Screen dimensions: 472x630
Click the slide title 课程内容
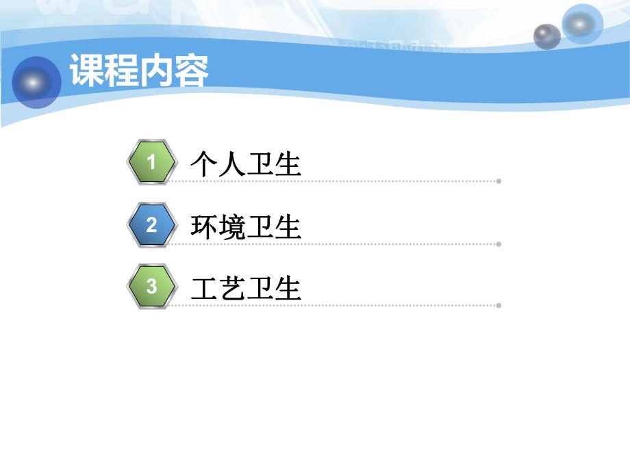click(x=139, y=70)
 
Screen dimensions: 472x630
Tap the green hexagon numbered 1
click(x=151, y=163)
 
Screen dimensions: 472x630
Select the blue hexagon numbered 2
click(x=151, y=225)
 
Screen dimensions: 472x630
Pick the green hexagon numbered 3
click(x=151, y=287)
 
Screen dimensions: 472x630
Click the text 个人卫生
click(x=246, y=165)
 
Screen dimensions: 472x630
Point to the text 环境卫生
click(x=246, y=227)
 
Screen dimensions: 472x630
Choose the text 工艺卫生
click(x=246, y=289)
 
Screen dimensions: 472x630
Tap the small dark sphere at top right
click(x=546, y=36)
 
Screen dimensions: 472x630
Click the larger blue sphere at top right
click(x=582, y=25)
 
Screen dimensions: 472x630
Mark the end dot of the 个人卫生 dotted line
click(x=499, y=181)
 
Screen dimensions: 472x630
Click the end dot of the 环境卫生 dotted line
click(x=499, y=244)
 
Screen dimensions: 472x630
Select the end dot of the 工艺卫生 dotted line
click(x=499, y=305)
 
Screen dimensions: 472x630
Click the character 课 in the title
click(x=87, y=70)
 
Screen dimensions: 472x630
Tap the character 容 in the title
click(x=192, y=70)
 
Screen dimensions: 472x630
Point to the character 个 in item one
click(x=204, y=165)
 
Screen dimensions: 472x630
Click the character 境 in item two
click(x=232, y=227)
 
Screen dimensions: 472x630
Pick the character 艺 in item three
click(x=232, y=289)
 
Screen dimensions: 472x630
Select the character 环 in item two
click(x=204, y=227)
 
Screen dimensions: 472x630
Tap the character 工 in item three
click(x=204, y=289)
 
